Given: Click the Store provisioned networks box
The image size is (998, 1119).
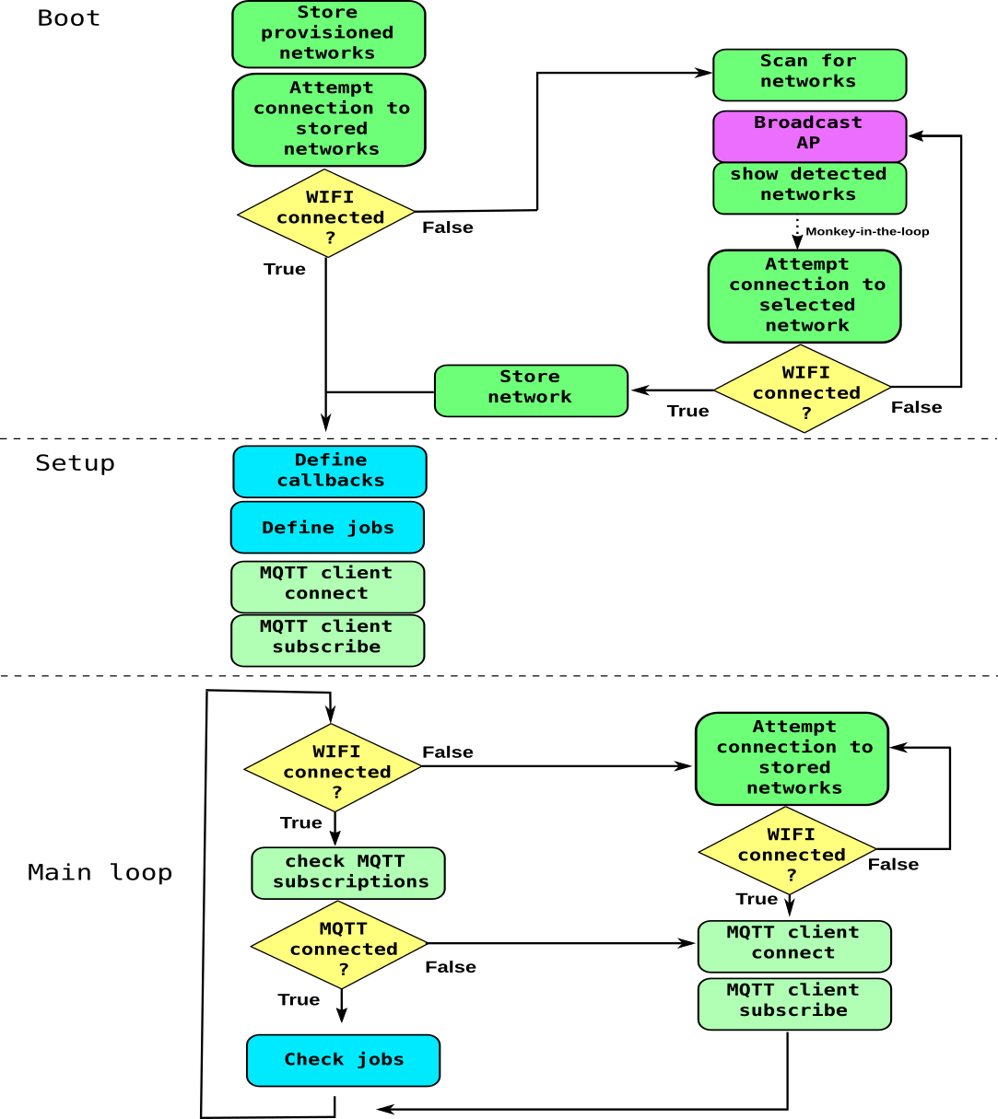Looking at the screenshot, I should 328,34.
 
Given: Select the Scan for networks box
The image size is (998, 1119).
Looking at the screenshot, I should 809,75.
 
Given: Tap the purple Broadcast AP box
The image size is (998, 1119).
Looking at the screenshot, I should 809,135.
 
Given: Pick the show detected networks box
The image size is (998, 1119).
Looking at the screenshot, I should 809,188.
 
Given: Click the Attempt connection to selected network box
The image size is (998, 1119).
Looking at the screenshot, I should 804,296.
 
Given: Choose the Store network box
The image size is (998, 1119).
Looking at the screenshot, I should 531,390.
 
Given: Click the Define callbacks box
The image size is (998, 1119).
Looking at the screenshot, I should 330,472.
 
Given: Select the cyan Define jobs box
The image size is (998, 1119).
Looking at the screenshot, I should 327,528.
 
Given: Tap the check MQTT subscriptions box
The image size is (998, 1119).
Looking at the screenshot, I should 348,873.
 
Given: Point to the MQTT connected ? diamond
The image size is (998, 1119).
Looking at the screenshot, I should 340,945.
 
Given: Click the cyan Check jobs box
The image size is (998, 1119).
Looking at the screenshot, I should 343,1060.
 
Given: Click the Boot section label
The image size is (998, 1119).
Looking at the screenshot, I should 68,18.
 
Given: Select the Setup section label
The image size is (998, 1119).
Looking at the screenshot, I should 75,463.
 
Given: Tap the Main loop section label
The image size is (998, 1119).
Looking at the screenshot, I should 100,872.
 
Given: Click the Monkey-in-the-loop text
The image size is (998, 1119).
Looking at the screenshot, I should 866,232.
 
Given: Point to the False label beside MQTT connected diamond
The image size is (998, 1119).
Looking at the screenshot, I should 451,967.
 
